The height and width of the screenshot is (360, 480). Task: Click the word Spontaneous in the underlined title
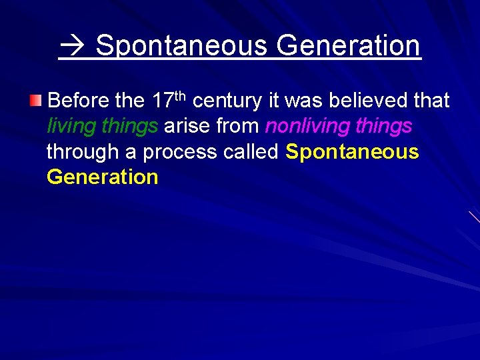click(181, 46)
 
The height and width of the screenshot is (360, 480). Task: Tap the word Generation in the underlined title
click(348, 46)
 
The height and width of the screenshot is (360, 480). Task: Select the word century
click(227, 101)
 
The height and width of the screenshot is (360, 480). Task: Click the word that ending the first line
click(432, 101)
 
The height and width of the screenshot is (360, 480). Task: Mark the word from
click(237, 126)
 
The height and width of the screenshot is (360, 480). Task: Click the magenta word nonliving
click(309, 127)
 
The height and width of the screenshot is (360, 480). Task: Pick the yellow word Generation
click(103, 177)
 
